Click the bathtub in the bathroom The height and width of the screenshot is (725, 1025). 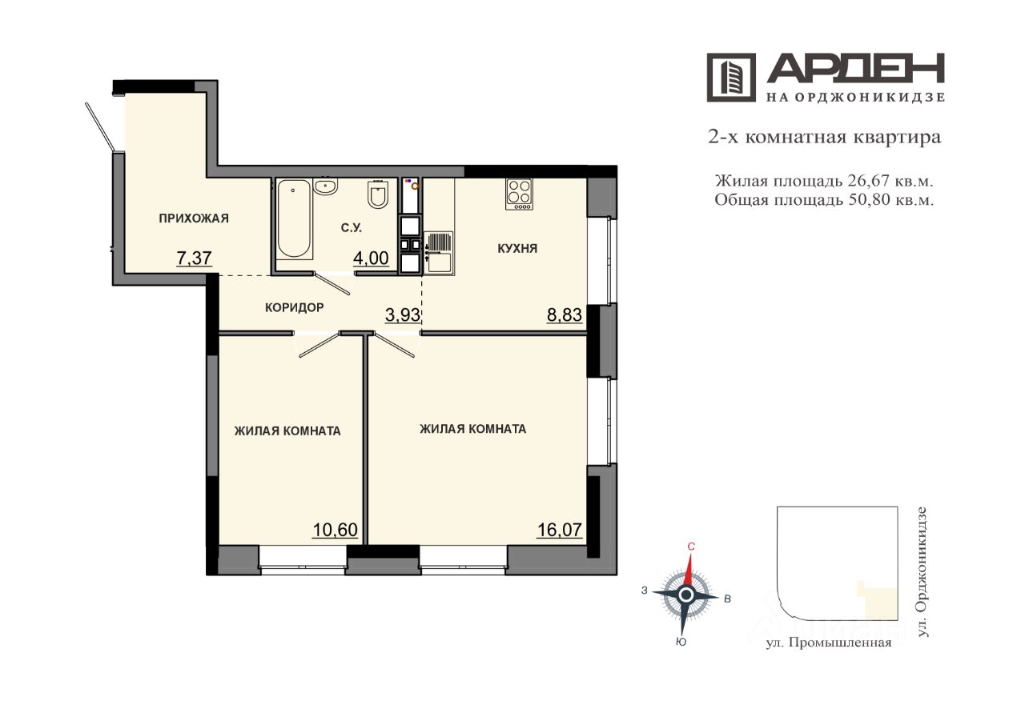point(295,218)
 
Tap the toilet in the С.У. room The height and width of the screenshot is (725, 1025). point(378,194)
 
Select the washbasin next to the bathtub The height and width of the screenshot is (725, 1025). point(326,186)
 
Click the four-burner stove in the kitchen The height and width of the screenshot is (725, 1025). point(520,194)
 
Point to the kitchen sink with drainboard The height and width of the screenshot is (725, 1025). point(439,253)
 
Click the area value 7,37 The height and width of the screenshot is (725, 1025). point(194,258)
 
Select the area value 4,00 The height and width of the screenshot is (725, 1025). point(371,258)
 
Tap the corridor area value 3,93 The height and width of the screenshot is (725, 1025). point(403,315)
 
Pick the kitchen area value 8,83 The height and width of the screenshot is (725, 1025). point(565,315)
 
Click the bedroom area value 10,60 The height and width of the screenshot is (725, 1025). point(335,530)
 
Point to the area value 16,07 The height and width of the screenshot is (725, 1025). point(560,530)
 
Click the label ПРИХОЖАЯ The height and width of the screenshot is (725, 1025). point(194,218)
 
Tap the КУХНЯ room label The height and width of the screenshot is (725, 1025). point(517,249)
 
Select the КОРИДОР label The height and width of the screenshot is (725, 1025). point(294,307)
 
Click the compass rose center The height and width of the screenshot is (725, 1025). point(685,595)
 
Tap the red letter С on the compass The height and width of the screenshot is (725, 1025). point(691,547)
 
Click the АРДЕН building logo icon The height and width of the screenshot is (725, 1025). point(731,78)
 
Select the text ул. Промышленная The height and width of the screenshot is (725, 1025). point(829,643)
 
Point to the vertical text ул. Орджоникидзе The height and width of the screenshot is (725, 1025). point(922,572)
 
